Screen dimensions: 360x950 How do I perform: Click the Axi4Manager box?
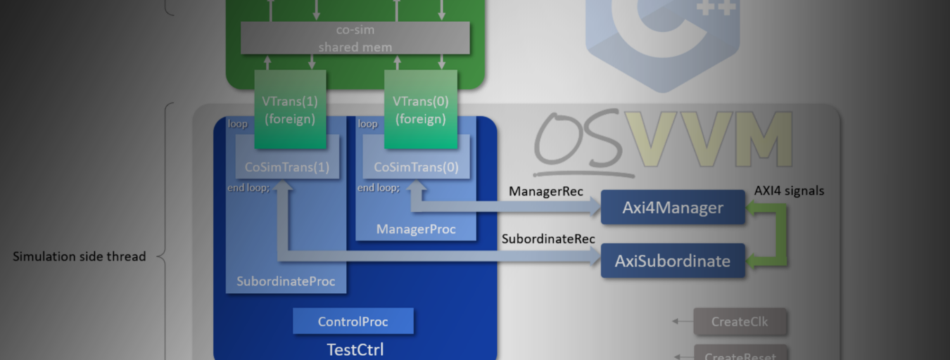tap(672, 207)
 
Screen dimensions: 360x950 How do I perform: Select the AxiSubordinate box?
tap(672, 261)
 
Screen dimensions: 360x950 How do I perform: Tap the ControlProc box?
tap(353, 322)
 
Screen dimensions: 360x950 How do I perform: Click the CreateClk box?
tap(740, 322)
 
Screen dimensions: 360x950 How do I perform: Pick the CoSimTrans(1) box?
tap(287, 167)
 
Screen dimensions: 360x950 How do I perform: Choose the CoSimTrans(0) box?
tap(416, 167)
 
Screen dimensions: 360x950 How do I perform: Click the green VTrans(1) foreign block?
tap(290, 110)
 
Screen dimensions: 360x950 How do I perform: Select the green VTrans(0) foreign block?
tap(421, 110)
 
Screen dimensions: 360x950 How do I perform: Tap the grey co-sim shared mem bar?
tap(355, 38)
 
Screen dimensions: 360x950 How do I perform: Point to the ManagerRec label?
tap(546, 191)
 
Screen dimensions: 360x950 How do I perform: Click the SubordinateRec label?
tap(548, 239)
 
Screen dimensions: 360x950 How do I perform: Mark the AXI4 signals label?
tap(789, 191)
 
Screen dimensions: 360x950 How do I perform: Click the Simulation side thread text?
tap(79, 257)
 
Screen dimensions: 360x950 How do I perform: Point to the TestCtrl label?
tap(355, 350)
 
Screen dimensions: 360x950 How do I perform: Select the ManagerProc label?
tap(416, 229)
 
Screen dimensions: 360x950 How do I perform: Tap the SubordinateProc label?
tap(286, 281)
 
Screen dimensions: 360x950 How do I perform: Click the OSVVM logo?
tap(663, 142)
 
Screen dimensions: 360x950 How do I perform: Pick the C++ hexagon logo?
tap(663, 38)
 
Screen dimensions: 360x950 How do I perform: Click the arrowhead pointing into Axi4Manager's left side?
tap(595, 207)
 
